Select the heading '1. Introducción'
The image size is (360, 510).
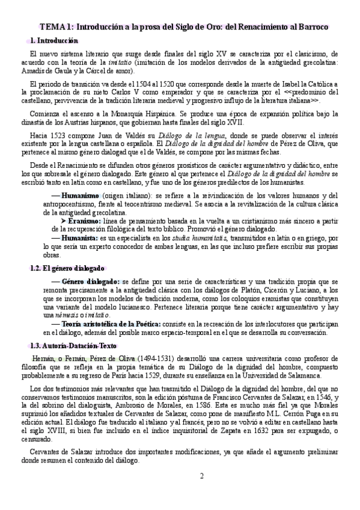[x=54, y=41]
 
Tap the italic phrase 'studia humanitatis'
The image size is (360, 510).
[x=200, y=238]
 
